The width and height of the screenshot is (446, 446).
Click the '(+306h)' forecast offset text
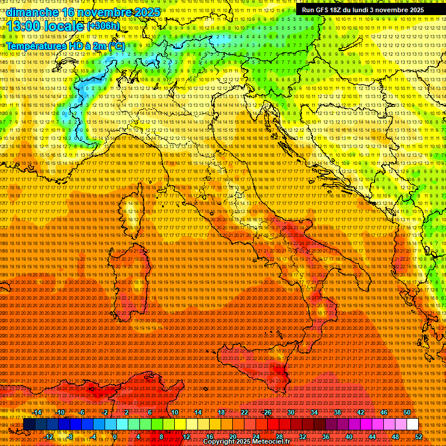103,26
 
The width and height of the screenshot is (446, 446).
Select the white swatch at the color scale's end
413,425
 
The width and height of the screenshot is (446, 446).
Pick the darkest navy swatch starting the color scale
29,425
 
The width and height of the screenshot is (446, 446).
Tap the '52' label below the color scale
419,436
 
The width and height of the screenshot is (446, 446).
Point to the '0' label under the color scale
115,436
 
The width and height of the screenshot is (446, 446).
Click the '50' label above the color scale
407,412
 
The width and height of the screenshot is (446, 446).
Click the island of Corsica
132,212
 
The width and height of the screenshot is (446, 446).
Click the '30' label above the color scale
290,412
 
